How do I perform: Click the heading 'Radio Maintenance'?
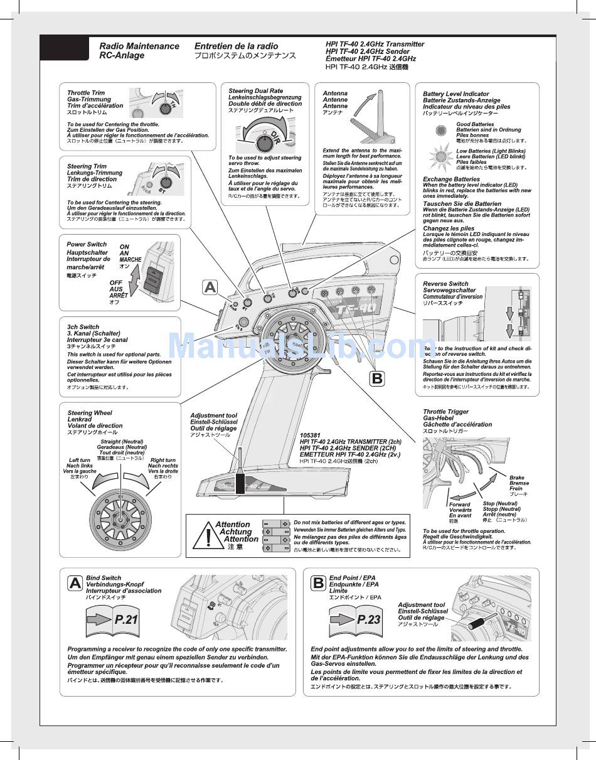(x=139, y=46)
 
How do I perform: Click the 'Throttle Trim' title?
(x=86, y=93)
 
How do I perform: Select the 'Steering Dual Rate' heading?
(x=255, y=91)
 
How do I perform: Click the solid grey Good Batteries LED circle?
(x=441, y=130)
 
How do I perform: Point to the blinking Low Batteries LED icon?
(x=441, y=154)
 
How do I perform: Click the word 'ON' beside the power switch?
(x=124, y=247)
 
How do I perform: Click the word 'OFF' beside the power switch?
(x=116, y=283)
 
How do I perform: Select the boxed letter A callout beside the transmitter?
(x=210, y=287)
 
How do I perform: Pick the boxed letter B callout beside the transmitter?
(x=376, y=378)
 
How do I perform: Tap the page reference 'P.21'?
(x=125, y=619)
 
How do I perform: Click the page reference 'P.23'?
(x=369, y=619)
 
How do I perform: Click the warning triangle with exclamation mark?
(x=208, y=537)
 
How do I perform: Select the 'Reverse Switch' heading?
(x=445, y=284)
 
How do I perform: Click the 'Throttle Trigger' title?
(x=445, y=412)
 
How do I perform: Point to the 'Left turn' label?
(x=80, y=460)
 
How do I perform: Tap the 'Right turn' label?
(x=163, y=460)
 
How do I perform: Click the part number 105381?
(x=310, y=435)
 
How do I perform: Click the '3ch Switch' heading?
(x=83, y=327)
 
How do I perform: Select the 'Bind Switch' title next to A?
(x=104, y=577)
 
